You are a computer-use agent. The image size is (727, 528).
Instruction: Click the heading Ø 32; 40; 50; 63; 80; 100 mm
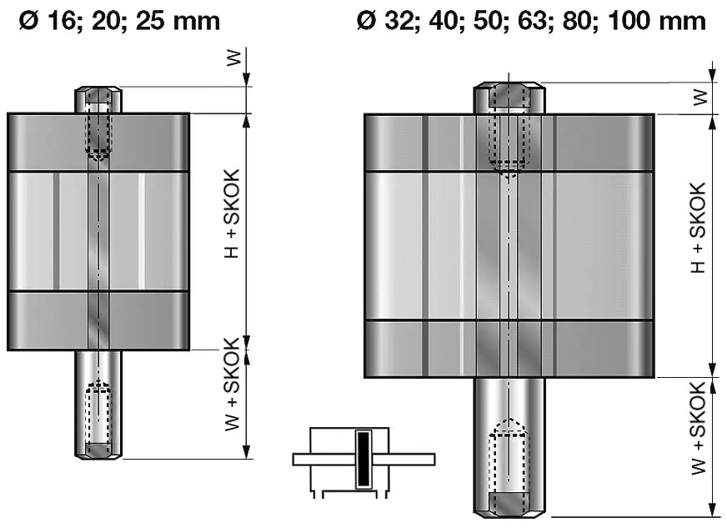530,20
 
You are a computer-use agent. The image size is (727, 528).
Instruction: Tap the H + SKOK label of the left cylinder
233,213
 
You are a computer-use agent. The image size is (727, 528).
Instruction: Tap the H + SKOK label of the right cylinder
699,228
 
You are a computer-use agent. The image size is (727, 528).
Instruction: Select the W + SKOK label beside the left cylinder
233,385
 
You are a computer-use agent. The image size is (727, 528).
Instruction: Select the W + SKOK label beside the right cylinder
699,426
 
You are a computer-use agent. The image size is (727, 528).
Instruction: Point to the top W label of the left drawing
234,58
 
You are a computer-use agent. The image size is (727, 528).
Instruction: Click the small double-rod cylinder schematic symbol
363,460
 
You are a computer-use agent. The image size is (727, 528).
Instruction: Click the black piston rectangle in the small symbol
363,459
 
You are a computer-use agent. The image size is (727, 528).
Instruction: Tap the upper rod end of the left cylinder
99,99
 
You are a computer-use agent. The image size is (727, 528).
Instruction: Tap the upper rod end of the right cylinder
509,98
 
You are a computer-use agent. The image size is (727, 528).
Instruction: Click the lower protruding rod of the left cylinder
99,404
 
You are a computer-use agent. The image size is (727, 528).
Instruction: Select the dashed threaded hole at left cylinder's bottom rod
99,414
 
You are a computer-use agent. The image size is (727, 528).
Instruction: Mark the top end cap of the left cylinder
98,142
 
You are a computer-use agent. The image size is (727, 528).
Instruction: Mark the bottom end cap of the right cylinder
509,348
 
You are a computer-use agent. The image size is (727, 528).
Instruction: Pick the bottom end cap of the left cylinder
98,320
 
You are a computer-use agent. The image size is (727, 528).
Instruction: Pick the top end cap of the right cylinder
509,143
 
